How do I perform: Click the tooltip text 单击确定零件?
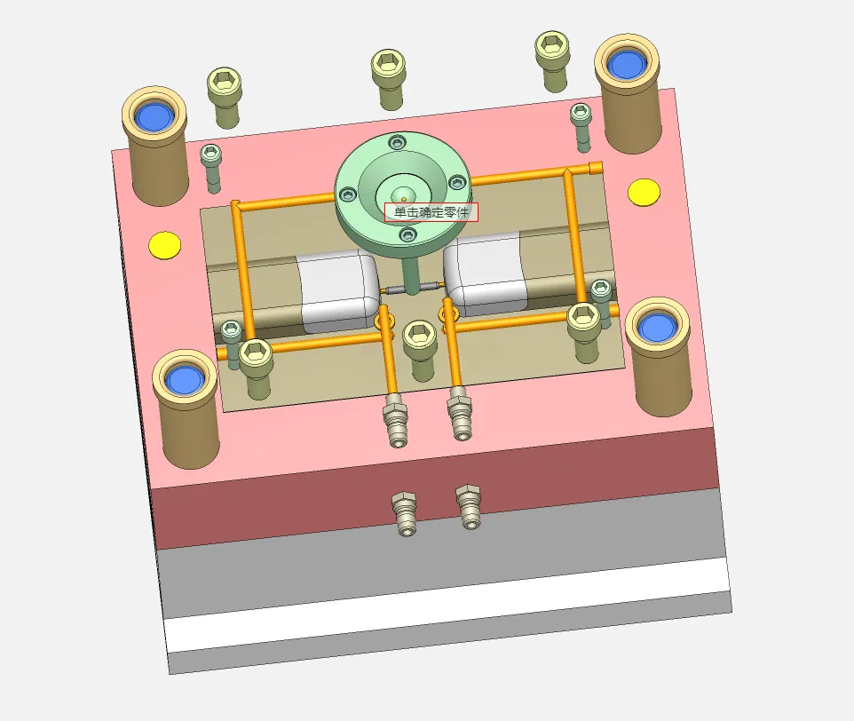pyautogui.click(x=431, y=212)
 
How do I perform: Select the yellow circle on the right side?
pyautogui.click(x=644, y=192)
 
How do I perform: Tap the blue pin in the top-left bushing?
pyautogui.click(x=154, y=116)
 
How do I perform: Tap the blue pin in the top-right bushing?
pyautogui.click(x=627, y=64)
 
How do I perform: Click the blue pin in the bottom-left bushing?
pyautogui.click(x=184, y=380)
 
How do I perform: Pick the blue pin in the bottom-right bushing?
pyautogui.click(x=658, y=328)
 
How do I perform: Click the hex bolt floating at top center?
pyautogui.click(x=388, y=80)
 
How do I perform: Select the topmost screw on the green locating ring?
pyautogui.click(x=398, y=143)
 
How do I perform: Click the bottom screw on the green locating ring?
pyautogui.click(x=407, y=234)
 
